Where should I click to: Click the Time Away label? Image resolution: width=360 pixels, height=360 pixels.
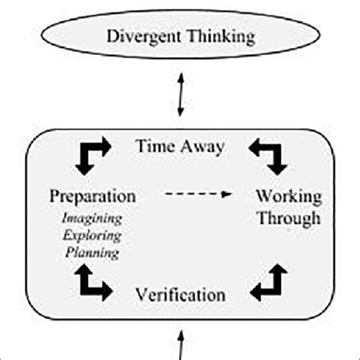coord(179,147)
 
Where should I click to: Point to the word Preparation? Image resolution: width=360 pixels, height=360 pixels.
coord(93,196)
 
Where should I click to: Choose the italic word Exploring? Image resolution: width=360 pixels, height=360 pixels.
coord(93,235)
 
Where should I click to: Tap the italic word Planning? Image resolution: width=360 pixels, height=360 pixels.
coord(93,254)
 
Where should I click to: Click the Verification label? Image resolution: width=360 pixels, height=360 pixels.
coord(180,293)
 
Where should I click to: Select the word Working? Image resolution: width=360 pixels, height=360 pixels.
coord(288,196)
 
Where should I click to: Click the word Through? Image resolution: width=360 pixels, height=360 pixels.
coord(288,219)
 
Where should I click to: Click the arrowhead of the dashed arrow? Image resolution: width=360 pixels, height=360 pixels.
coord(226,195)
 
